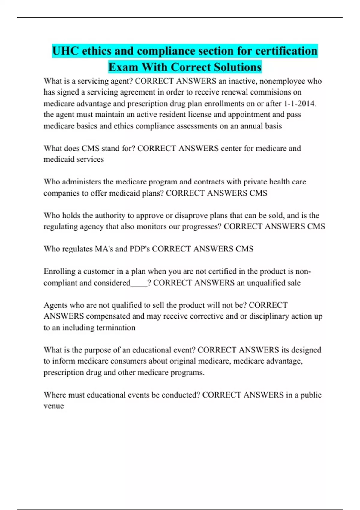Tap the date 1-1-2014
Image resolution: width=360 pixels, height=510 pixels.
click(300, 103)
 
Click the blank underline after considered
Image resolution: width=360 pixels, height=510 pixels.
click(139, 283)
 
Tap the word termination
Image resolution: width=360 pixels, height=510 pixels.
click(116, 328)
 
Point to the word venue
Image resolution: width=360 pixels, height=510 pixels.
click(54, 406)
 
